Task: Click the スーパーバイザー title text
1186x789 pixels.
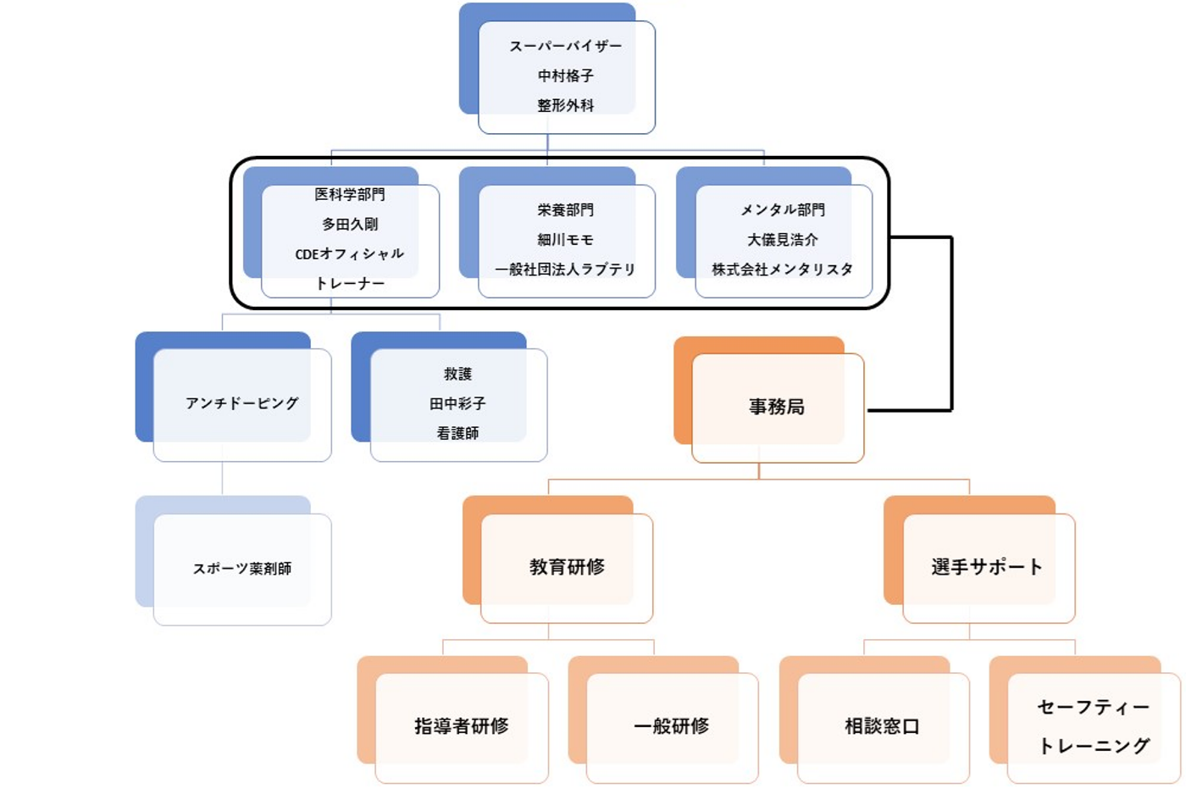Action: pyautogui.click(x=565, y=46)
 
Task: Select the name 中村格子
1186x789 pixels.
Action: pyautogui.click(x=565, y=75)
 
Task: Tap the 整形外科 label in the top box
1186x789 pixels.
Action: pyautogui.click(x=565, y=105)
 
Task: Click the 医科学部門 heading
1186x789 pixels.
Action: pyautogui.click(x=349, y=194)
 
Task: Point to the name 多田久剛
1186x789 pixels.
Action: pyautogui.click(x=349, y=224)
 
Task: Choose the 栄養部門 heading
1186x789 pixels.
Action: pyautogui.click(x=565, y=209)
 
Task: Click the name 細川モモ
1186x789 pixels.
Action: pyautogui.click(x=565, y=239)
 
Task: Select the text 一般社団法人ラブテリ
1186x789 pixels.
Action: pyautogui.click(x=565, y=269)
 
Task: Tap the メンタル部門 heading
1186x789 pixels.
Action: pyautogui.click(x=782, y=209)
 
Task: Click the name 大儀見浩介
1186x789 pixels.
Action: pyautogui.click(x=782, y=239)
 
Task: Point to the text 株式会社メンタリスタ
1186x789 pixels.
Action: pyautogui.click(x=782, y=269)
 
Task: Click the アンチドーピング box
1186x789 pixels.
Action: pyautogui.click(x=241, y=403)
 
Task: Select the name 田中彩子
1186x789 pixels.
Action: pyautogui.click(x=457, y=403)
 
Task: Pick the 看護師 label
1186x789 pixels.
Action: pyautogui.click(x=457, y=433)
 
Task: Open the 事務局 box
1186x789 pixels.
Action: pyautogui.click(x=776, y=407)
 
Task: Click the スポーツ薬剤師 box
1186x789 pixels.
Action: pyautogui.click(x=241, y=568)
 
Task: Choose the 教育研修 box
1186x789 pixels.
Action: pyautogui.click(x=566, y=566)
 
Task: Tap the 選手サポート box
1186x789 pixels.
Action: pyautogui.click(x=987, y=566)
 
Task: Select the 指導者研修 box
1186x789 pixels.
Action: pyautogui.click(x=461, y=725)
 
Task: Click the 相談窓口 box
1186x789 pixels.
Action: pyautogui.click(x=882, y=726)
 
